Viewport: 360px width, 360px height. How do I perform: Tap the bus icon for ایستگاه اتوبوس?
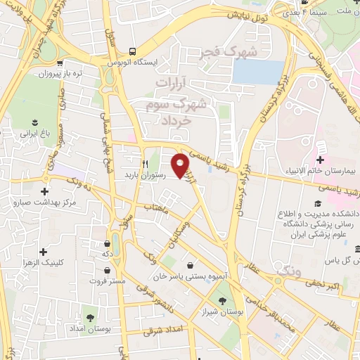point(132,51)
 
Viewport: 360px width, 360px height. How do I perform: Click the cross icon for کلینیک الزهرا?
point(44,251)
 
